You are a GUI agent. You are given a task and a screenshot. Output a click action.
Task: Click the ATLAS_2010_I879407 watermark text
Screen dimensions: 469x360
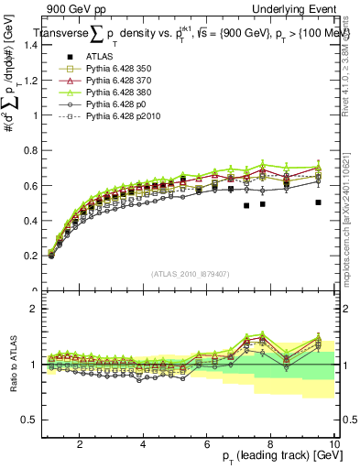coord(189,274)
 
